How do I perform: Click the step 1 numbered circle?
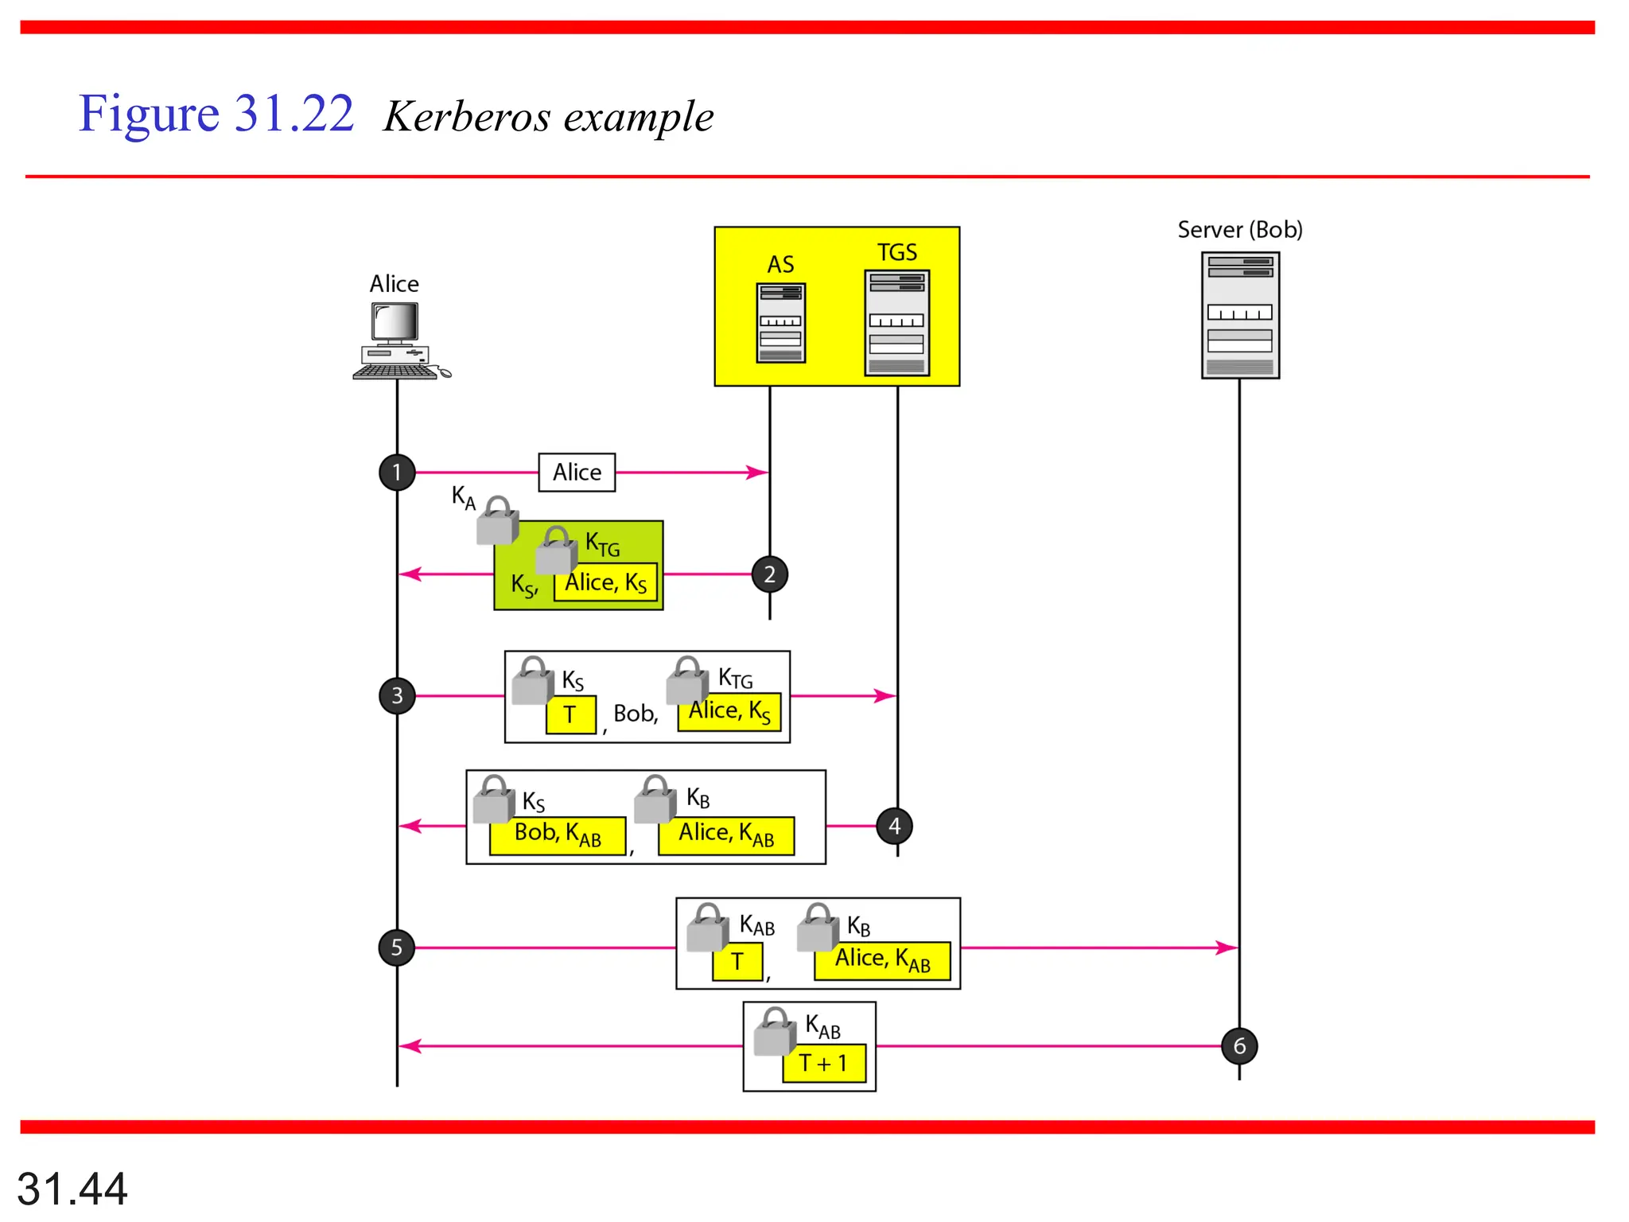397,473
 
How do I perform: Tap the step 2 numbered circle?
769,574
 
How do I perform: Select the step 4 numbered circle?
894,826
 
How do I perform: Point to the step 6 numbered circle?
1238,1045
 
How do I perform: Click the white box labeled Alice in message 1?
577,473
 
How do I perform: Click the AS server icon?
780,323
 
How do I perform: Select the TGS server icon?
896,322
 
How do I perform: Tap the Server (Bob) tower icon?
1239,315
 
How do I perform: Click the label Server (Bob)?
1239,230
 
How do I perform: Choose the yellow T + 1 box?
823,1064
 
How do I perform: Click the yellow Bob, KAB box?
557,835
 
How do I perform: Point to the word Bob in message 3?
634,714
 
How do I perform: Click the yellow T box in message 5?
737,961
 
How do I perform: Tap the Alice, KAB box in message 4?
725,835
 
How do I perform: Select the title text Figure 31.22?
216,114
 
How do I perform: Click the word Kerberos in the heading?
467,117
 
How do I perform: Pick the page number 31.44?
72,1189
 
